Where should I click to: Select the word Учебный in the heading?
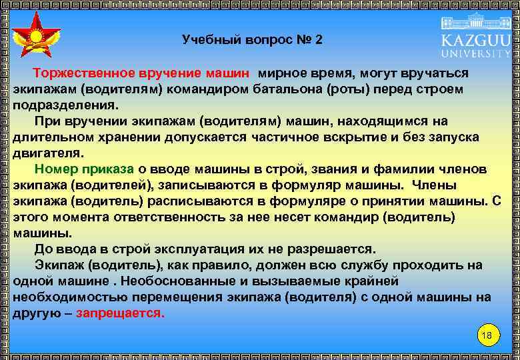tap(207, 40)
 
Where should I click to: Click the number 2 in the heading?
tap(319, 40)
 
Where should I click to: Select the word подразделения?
tap(64, 105)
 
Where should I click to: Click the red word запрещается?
tap(120, 313)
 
